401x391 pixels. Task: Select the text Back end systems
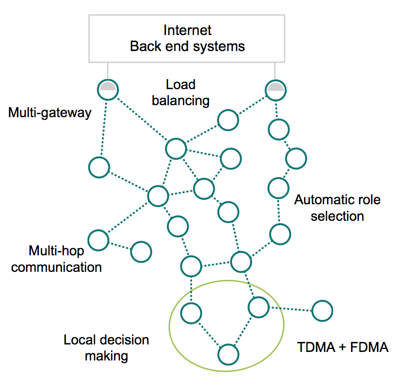coord(187,47)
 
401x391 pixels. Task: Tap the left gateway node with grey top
coord(107,90)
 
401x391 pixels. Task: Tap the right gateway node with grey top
coord(274,90)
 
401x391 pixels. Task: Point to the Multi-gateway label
coord(50,113)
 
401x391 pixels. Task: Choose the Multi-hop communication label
coord(56,258)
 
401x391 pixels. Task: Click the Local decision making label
coord(106,348)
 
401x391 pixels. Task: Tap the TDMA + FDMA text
coord(343,347)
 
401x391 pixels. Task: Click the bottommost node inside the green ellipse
coord(227,354)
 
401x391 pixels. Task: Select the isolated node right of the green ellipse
coord(322,310)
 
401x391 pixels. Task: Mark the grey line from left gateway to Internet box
coord(107,71)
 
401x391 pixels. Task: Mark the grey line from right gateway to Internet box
coord(274,71)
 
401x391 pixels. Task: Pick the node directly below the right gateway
coord(277,130)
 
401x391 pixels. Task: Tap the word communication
coord(56,266)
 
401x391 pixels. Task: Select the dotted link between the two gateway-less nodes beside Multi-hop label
coord(120,246)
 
